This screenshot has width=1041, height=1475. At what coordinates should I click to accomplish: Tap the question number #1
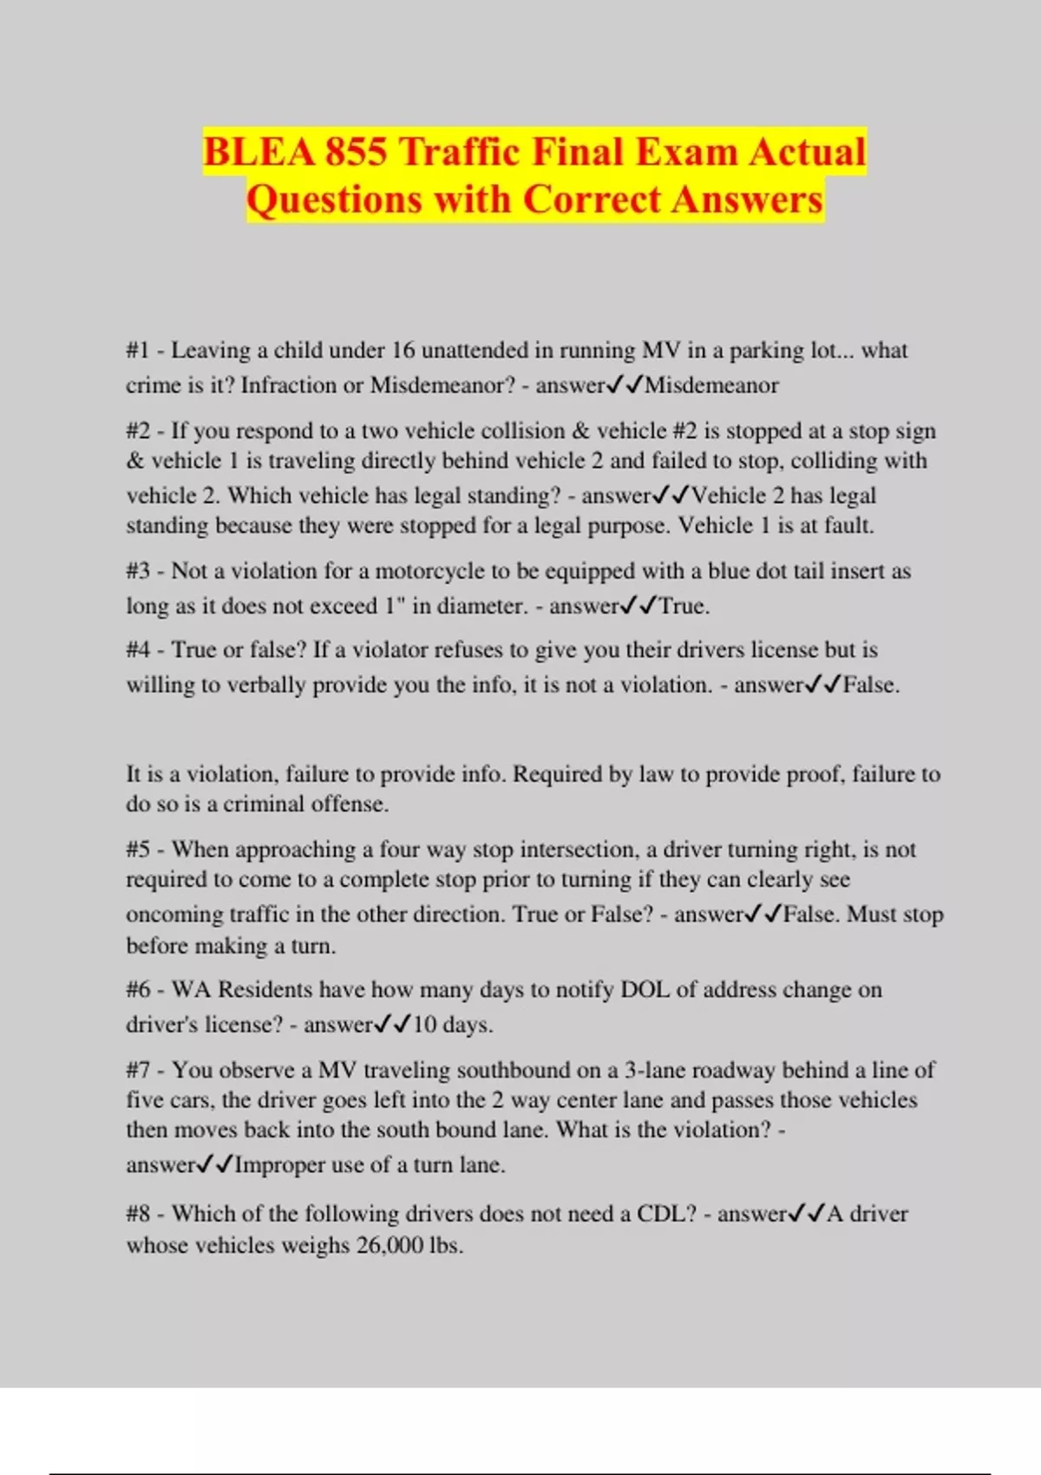coord(138,351)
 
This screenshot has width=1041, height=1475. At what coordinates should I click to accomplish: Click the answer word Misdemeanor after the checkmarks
coord(711,385)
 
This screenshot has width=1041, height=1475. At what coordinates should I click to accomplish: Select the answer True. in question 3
coord(684,606)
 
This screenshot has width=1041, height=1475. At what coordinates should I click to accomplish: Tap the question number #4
coord(139,650)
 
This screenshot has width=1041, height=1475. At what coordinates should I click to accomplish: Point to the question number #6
coord(139,990)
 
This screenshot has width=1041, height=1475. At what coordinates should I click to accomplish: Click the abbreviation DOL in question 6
coord(645,990)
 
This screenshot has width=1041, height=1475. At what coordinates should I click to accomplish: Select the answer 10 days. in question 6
coord(453,1025)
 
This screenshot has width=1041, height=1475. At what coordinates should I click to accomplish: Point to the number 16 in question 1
coord(403,351)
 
